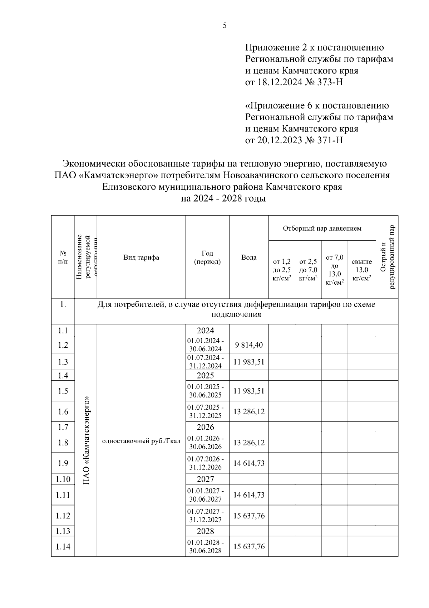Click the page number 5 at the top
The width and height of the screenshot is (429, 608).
point(225,25)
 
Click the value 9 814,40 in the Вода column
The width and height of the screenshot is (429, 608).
point(249,345)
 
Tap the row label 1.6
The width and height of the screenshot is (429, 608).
point(63,411)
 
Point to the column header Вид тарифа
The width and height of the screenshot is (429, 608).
point(141,257)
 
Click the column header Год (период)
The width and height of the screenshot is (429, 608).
point(207,257)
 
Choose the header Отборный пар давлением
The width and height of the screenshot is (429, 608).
point(322,228)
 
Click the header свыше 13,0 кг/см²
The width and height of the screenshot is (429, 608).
point(361,270)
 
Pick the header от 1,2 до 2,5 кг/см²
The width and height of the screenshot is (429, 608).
point(282,270)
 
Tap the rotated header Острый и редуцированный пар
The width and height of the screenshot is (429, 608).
point(387,257)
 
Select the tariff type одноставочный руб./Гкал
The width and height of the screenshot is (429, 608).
point(141,441)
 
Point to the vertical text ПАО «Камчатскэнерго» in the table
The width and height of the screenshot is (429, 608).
point(86,440)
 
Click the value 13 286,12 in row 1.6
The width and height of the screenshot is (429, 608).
point(249,411)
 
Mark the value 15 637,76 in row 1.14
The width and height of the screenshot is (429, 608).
point(249,547)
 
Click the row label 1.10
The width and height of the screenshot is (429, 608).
point(63,479)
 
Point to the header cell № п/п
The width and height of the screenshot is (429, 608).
point(63,257)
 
